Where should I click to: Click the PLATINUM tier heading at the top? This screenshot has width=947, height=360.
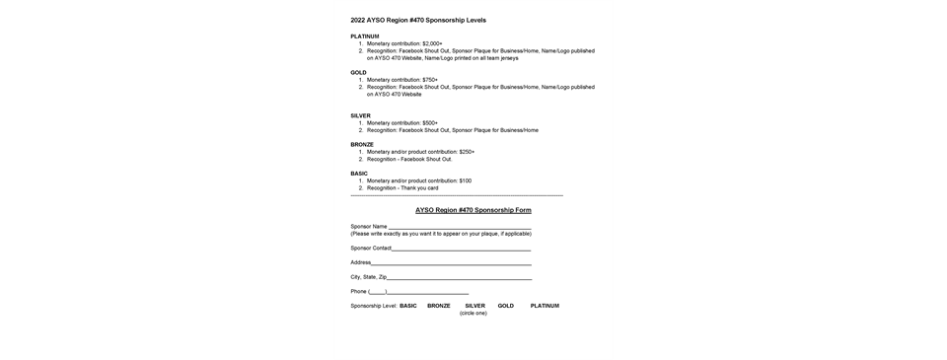pyautogui.click(x=365, y=36)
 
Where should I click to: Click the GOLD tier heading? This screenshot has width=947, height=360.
pyautogui.click(x=358, y=73)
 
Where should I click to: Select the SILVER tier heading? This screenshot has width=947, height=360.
pyautogui.click(x=361, y=115)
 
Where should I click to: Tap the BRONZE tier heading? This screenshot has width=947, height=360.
pyautogui.click(x=362, y=144)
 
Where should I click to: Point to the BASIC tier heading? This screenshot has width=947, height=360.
pyautogui.click(x=359, y=174)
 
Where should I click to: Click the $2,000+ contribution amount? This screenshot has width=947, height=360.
pyautogui.click(x=432, y=44)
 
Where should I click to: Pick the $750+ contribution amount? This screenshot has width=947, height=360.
pyautogui.click(x=429, y=80)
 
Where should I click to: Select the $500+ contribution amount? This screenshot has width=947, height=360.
pyautogui.click(x=429, y=123)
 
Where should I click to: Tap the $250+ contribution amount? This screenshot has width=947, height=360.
pyautogui.click(x=467, y=152)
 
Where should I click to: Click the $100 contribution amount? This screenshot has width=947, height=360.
pyautogui.click(x=465, y=180)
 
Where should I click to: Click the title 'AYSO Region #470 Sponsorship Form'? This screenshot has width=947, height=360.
pyautogui.click(x=473, y=210)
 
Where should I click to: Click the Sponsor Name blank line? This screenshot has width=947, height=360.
pyautogui.click(x=459, y=227)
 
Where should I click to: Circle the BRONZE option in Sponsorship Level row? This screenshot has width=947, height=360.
pyautogui.click(x=439, y=306)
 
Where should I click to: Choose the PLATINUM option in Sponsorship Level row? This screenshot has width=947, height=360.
pyautogui.click(x=545, y=306)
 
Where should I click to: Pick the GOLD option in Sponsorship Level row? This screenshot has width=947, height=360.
pyautogui.click(x=506, y=306)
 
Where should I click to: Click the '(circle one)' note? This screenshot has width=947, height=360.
pyautogui.click(x=473, y=313)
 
